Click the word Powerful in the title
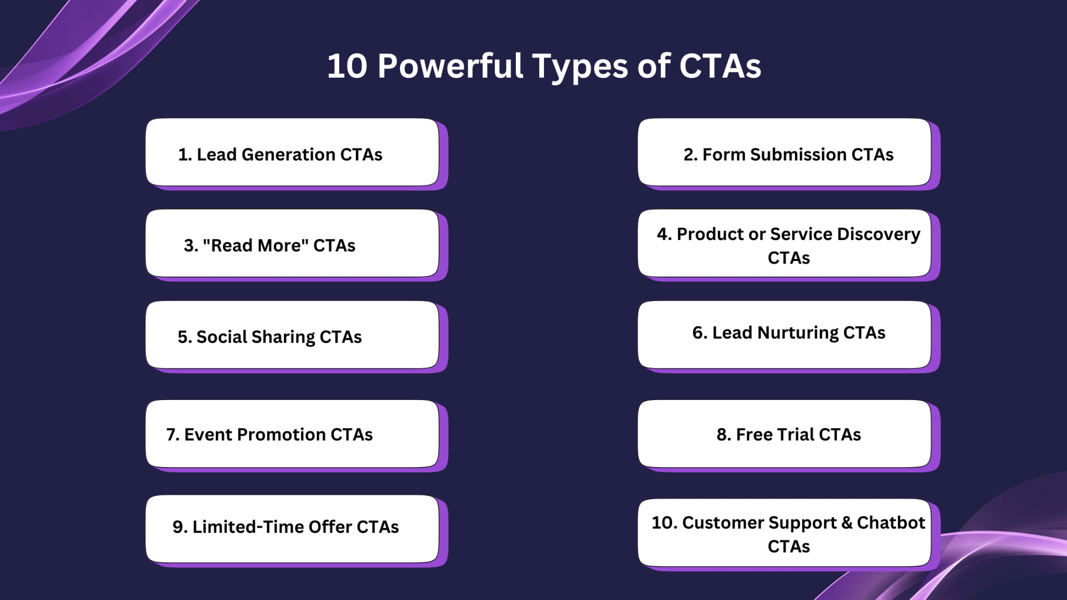click(450, 66)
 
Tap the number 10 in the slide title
click(347, 67)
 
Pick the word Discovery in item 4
click(878, 235)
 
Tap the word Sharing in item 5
click(283, 337)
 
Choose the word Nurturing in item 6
click(798, 333)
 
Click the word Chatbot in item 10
click(891, 522)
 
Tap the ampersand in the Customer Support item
click(847, 522)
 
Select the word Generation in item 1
click(289, 155)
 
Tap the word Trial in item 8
click(796, 434)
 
